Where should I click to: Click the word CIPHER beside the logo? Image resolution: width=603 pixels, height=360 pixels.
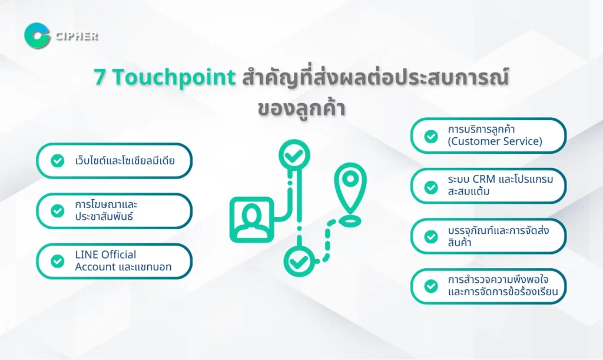(x=77, y=36)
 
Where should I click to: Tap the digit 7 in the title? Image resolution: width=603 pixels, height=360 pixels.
(x=100, y=77)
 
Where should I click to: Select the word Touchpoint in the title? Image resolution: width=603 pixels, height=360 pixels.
(x=174, y=78)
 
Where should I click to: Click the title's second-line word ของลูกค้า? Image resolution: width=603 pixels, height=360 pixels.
(x=301, y=108)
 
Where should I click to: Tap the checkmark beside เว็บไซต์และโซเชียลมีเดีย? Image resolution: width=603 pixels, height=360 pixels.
(x=58, y=161)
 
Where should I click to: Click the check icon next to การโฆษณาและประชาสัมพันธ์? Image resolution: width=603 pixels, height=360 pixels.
(x=58, y=211)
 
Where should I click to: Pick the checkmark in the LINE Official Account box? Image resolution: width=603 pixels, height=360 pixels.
(x=58, y=261)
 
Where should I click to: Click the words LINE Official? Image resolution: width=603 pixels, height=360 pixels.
(x=105, y=255)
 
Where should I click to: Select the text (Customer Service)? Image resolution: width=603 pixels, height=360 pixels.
(x=495, y=141)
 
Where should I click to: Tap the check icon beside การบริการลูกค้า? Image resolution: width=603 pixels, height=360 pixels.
(x=431, y=136)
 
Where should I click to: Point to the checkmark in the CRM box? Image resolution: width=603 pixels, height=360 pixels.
(x=431, y=187)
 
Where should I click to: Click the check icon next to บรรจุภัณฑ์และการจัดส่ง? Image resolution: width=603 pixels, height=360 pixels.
(x=431, y=237)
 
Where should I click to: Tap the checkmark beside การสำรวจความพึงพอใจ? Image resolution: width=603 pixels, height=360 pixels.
(x=431, y=286)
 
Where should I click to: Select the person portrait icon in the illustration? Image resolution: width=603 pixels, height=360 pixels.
(x=252, y=220)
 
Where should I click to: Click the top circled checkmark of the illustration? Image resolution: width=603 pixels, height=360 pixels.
(x=294, y=155)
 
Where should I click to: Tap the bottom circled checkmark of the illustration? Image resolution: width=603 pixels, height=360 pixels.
(x=299, y=262)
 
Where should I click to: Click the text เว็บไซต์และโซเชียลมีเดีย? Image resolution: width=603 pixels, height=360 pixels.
(x=125, y=160)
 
